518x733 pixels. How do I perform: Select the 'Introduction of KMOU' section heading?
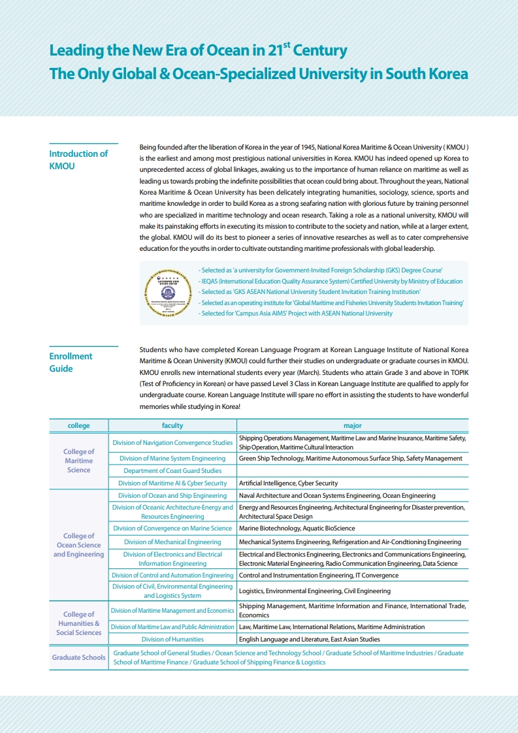[x=78, y=160]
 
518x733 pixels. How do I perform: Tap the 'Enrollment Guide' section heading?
[x=71, y=363]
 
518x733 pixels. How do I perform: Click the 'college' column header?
[x=78, y=426]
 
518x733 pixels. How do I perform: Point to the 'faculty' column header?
[x=172, y=426]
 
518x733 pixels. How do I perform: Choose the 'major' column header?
[x=352, y=426]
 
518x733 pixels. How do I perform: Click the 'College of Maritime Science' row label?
[x=78, y=461]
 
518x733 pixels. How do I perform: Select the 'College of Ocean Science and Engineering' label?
[x=78, y=545]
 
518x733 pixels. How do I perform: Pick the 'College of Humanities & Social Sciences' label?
[x=78, y=623]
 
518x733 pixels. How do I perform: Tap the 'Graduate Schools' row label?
[x=78, y=657]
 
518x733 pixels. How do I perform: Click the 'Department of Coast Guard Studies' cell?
[x=172, y=471]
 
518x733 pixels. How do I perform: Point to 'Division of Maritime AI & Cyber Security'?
[x=172, y=483]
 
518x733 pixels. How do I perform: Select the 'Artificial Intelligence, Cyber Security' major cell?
[x=288, y=483]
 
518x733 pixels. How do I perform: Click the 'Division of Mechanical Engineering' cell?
[x=172, y=542]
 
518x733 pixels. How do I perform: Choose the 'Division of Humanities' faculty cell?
[x=172, y=640]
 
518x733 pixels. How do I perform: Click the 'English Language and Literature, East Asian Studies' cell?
[x=309, y=640]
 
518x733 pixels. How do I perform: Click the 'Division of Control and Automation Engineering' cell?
[x=172, y=576]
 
